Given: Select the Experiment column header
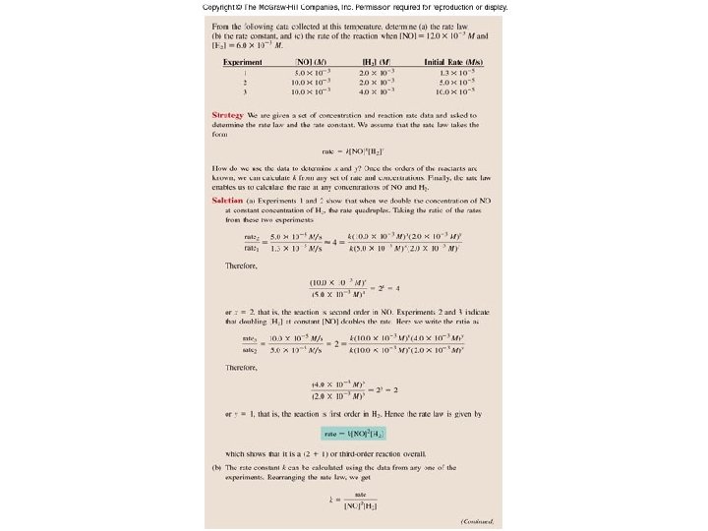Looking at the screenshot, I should [242, 62].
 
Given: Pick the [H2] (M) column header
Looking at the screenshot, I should [375, 62].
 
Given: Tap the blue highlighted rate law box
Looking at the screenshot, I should [355, 433].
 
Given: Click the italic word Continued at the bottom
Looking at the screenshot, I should [476, 521].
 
